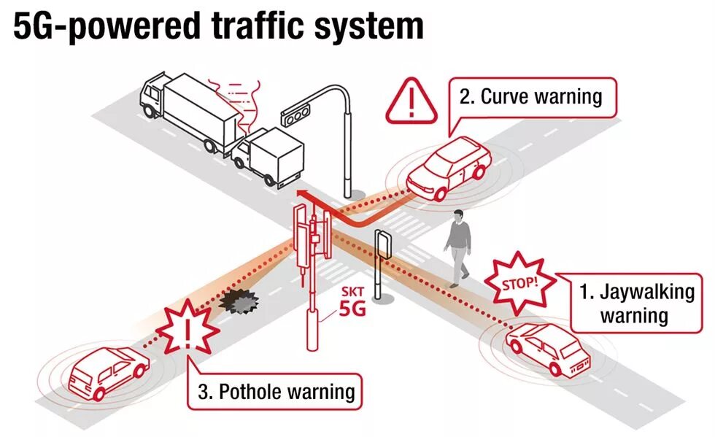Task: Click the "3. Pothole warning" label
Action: tap(277, 392)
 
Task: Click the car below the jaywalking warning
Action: tap(548, 349)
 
